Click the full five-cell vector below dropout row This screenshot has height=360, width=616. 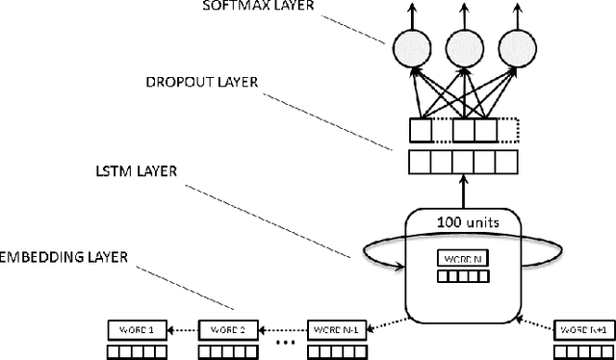click(x=461, y=162)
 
